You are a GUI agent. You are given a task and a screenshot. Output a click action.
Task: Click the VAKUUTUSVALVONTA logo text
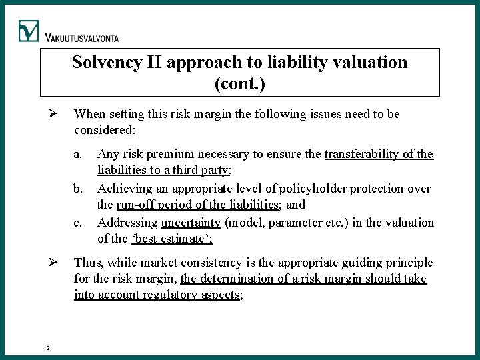83,38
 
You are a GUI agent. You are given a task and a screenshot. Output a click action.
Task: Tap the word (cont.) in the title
240,84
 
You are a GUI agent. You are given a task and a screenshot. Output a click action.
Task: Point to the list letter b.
79,189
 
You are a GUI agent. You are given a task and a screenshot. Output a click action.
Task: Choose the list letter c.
78,223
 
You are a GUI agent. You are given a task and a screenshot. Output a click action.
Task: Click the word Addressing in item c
127,223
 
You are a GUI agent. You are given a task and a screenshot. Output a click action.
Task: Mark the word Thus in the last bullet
87,263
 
